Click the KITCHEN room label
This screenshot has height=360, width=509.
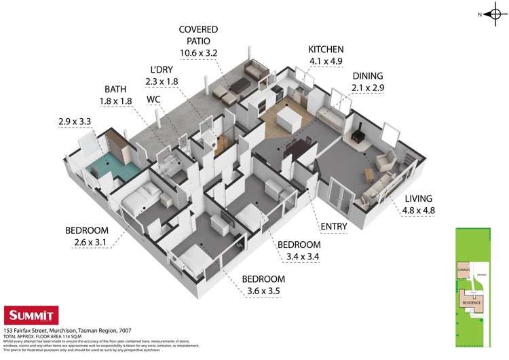326,50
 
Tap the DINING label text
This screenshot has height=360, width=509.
367,76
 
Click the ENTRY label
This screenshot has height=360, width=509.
334,226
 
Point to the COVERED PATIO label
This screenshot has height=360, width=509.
198,29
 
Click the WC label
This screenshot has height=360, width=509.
154,98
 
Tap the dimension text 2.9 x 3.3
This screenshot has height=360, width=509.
76,124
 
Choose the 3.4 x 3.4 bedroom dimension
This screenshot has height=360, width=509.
299,257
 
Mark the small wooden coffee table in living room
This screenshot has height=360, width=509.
369,174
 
